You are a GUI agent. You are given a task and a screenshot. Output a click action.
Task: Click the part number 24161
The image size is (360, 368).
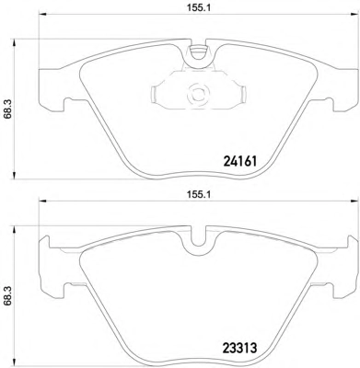[x=239, y=161]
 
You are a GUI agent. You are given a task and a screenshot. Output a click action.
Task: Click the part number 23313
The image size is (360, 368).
[x=238, y=348]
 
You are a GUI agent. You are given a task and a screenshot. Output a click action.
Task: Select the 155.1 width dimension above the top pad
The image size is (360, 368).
[x=199, y=8]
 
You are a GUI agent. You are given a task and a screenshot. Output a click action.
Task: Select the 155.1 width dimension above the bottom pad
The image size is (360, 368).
[x=199, y=195]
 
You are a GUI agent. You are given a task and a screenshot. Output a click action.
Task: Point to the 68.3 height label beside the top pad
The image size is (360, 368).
[x=8, y=109]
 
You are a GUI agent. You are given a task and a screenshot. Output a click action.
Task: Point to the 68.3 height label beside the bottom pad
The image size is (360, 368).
[x=8, y=296]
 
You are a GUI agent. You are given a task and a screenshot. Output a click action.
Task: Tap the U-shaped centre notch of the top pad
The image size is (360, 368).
[x=199, y=54]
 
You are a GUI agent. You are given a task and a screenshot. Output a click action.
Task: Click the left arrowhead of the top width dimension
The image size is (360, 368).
[x=41, y=15]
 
